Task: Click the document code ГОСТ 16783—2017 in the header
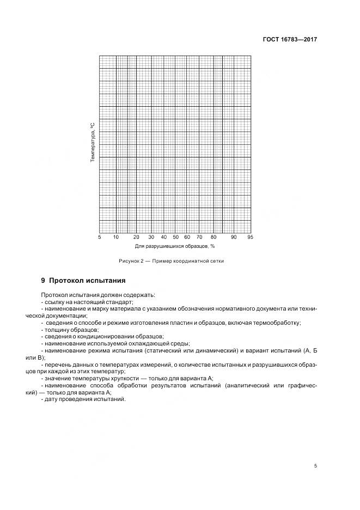pyautogui.click(x=291, y=40)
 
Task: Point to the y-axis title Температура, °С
pyautogui.click(x=93, y=143)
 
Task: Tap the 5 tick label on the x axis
pyautogui.click(x=100, y=237)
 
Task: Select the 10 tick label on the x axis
pyautogui.click(x=116, y=237)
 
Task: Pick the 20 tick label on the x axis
pyautogui.click(x=137, y=237)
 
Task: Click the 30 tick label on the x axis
pyautogui.click(x=151, y=237)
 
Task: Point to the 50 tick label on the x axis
pyautogui.click(x=175, y=237)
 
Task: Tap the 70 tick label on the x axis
pyautogui.click(x=199, y=237)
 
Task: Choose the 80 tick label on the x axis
pyautogui.click(x=213, y=237)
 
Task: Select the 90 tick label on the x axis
pyautogui.click(x=234, y=237)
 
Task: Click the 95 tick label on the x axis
pyautogui.click(x=250, y=237)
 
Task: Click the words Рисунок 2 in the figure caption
pyautogui.click(x=131, y=262)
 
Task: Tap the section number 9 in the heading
pyautogui.click(x=43, y=281)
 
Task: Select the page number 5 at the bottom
pyautogui.click(x=315, y=466)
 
